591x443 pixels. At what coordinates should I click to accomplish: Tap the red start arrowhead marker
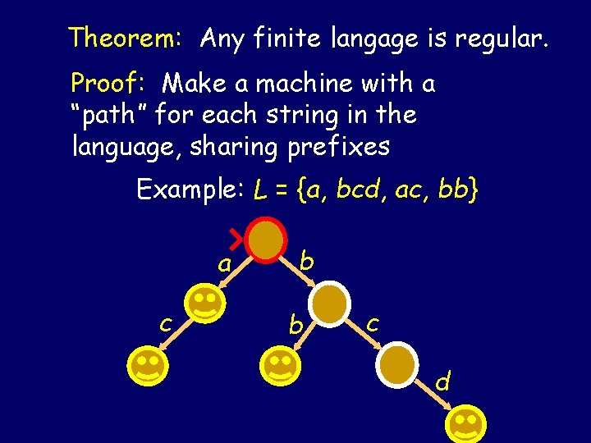236,239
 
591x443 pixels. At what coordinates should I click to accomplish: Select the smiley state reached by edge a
206,303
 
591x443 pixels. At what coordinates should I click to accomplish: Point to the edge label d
442,382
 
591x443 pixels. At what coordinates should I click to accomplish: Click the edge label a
222,264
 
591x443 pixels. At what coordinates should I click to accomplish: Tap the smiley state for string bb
280,365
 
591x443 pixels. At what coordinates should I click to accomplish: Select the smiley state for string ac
149,365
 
